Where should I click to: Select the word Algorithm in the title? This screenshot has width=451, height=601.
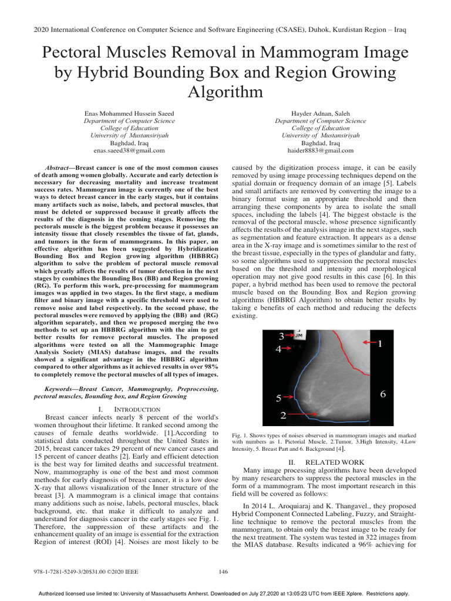(x=225, y=92)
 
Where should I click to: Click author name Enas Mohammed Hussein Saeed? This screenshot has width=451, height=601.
(x=129, y=113)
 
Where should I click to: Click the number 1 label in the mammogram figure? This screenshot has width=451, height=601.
(x=380, y=345)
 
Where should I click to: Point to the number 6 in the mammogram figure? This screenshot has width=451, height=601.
(x=382, y=394)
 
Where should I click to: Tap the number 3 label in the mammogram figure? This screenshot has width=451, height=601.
(x=281, y=336)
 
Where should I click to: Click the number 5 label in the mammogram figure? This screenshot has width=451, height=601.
(x=279, y=399)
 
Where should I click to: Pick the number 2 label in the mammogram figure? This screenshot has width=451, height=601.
(x=283, y=416)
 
